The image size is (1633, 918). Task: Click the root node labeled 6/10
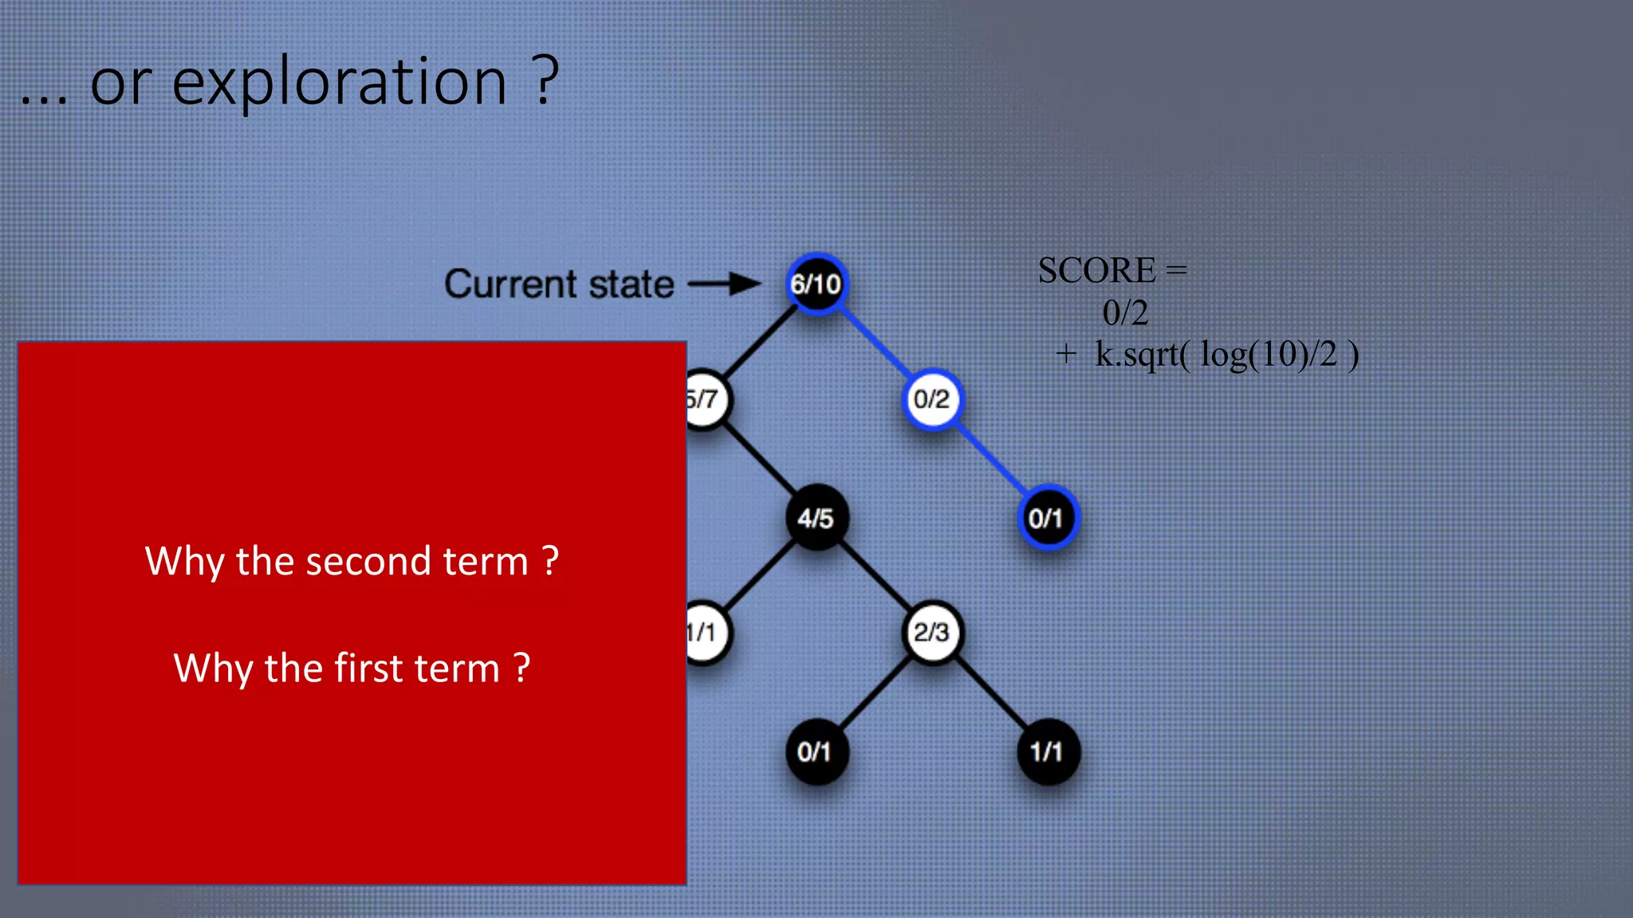(816, 284)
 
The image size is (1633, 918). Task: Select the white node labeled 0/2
(931, 399)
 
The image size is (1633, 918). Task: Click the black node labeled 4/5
(816, 518)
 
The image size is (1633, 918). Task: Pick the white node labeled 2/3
(931, 633)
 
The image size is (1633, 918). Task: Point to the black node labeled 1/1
(1047, 751)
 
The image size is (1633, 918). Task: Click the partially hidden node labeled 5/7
(705, 399)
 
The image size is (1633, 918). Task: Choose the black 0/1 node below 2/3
(816, 751)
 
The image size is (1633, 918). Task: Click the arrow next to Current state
(724, 284)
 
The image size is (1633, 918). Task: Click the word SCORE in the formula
(1096, 271)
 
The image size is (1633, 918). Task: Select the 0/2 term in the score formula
(1125, 313)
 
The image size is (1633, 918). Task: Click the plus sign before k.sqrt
(1066, 354)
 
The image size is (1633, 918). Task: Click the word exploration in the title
(339, 83)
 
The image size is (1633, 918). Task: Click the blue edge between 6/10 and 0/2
(874, 342)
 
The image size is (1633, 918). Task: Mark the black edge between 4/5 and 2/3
(874, 575)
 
